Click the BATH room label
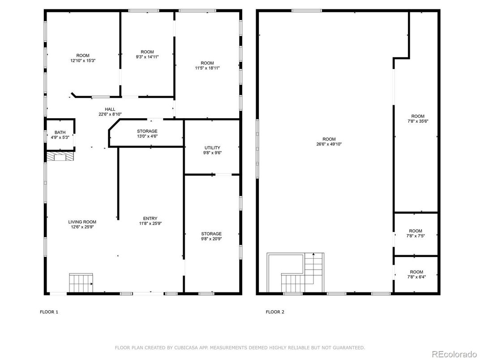point(60,132)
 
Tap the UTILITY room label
point(212,147)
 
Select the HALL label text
point(110,109)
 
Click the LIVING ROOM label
point(82,222)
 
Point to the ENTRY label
point(150,219)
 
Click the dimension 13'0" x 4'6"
point(147,137)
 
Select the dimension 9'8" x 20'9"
point(211,239)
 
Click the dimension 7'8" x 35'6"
point(417,121)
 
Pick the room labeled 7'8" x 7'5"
point(416,233)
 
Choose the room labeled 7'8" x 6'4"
point(416,274)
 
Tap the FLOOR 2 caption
point(275,312)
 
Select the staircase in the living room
point(81,283)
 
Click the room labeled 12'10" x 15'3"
point(83,58)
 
